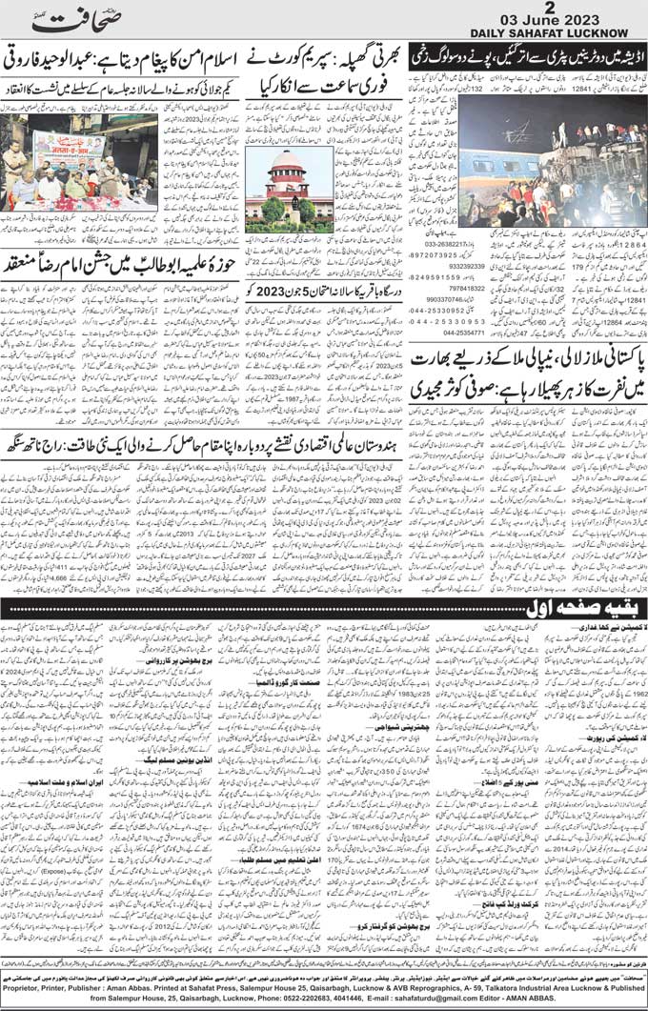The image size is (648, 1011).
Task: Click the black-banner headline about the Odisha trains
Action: tap(525, 53)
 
